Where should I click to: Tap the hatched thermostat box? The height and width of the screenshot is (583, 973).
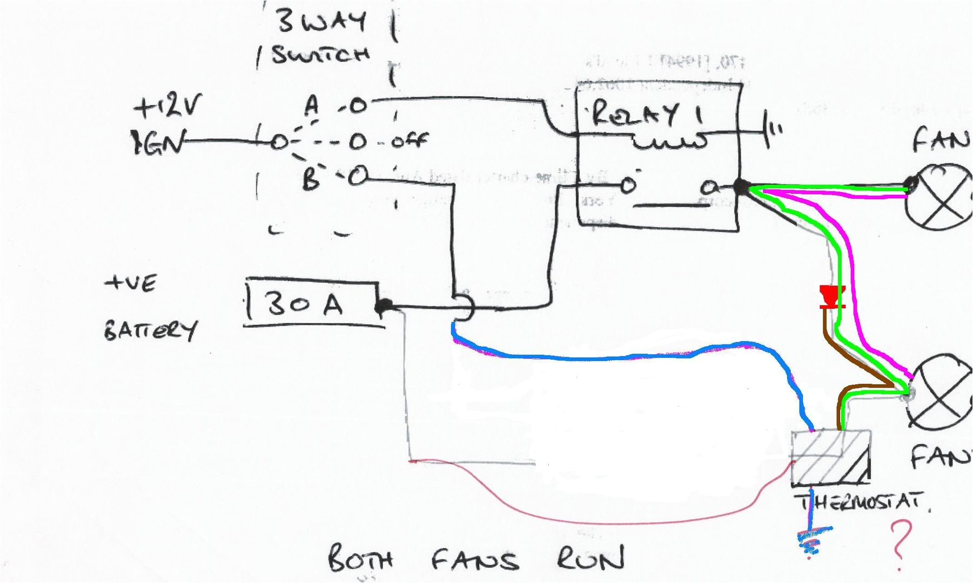830,457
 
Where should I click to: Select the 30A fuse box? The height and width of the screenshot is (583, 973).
312,303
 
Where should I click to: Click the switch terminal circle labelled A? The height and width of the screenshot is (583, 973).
357,106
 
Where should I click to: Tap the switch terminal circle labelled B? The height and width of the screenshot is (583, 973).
357,177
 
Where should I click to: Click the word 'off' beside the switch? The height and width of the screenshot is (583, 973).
409,141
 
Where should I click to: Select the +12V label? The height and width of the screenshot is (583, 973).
166,106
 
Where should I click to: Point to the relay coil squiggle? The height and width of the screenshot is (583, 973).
670,142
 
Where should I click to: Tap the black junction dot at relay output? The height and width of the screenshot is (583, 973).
741,187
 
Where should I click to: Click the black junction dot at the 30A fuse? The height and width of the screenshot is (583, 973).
384,306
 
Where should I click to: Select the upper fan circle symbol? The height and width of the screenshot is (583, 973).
941,197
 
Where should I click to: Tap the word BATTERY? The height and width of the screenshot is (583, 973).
150,329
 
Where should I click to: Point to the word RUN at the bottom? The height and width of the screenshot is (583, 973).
590,558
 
